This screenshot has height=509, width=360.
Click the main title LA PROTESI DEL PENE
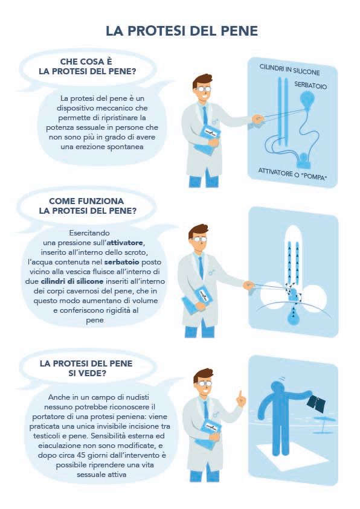(182, 31)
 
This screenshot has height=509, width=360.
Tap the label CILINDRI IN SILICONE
(289, 69)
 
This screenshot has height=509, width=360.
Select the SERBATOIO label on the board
(310, 85)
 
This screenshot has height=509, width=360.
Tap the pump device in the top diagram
(304, 159)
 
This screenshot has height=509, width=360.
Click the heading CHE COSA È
(86, 62)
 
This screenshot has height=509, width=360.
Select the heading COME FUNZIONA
(86, 201)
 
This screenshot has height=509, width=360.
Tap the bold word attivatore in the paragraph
(125, 243)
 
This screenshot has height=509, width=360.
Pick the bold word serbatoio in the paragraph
(122, 261)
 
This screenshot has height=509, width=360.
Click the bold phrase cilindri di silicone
(72, 281)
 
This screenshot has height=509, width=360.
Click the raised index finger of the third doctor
(240, 395)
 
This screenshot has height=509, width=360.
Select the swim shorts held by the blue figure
(316, 404)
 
